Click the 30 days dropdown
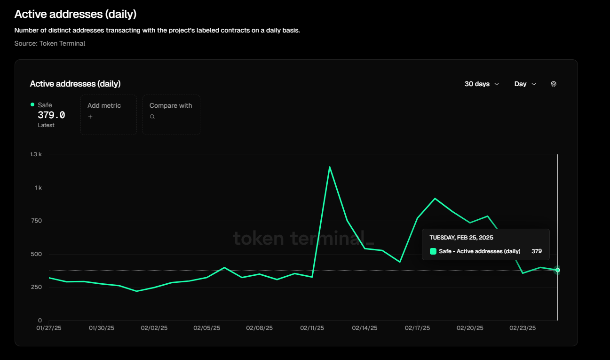[482, 84]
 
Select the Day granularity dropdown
[525, 84]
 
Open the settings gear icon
[554, 84]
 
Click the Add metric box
[108, 115]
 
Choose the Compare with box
[171, 115]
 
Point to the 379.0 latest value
[51, 115]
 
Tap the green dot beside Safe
[32, 104]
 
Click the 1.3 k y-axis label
[36, 154]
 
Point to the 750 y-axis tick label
[36, 221]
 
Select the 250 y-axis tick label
[36, 287]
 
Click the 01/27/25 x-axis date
[49, 328]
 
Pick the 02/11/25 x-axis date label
[311, 328]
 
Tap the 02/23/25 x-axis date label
[523, 328]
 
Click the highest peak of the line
[329, 167]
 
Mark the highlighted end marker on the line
[557, 270]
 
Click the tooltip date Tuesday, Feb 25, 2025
[461, 238]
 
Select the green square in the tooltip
[433, 251]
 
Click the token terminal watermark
[303, 238]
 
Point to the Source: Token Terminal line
[50, 43]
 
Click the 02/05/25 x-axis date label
[206, 328]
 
